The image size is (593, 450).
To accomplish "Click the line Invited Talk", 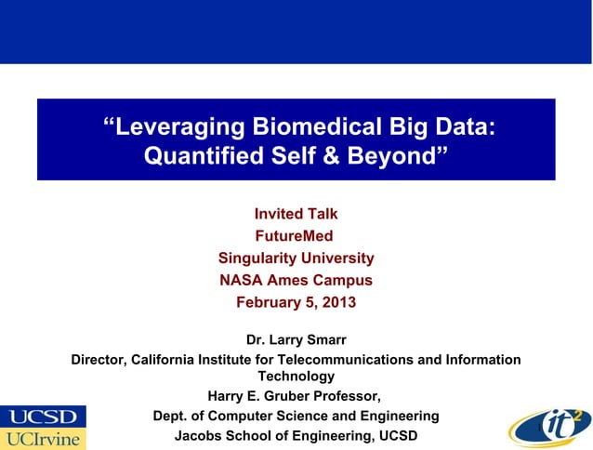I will point(296,215).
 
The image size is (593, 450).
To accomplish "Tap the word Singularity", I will point(264,258).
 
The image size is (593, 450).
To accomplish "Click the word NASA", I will point(241,280).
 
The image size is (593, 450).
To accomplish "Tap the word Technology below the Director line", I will point(296,377).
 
